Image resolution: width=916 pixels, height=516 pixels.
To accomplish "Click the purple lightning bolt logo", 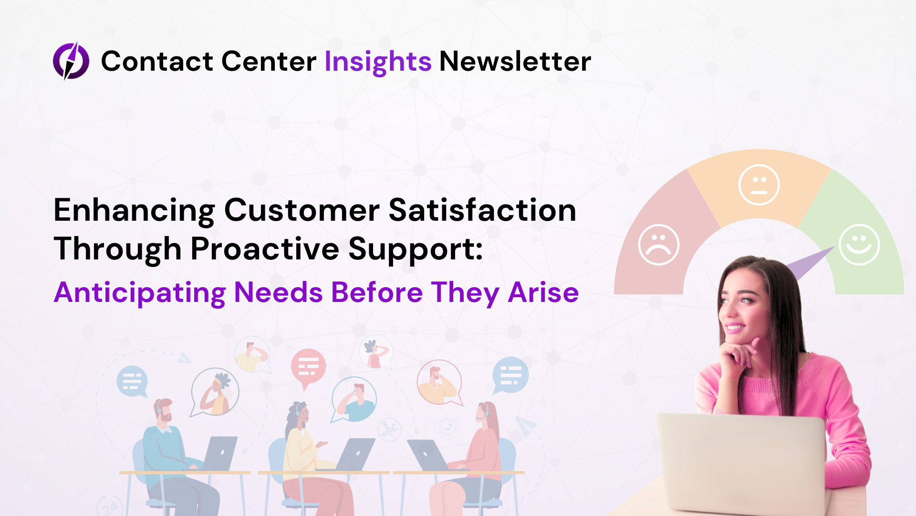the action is pyautogui.click(x=71, y=61).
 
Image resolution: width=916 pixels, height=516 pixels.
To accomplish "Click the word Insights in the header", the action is pyautogui.click(x=378, y=62).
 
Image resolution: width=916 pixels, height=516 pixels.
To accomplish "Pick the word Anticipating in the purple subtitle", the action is pyautogui.click(x=140, y=293).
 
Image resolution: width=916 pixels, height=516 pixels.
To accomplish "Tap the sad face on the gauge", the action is pyautogui.click(x=659, y=245).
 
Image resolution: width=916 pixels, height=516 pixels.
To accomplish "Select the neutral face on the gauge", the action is pyautogui.click(x=759, y=185).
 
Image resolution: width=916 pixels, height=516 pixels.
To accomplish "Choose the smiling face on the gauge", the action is pyautogui.click(x=859, y=245).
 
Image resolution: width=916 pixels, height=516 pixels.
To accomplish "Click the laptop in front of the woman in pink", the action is pyautogui.click(x=742, y=463).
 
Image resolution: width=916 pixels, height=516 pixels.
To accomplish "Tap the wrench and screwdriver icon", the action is pyautogui.click(x=389, y=430).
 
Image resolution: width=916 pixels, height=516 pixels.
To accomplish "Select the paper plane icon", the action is pyautogui.click(x=525, y=425).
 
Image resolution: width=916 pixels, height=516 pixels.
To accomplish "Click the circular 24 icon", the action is pyautogui.click(x=110, y=505).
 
